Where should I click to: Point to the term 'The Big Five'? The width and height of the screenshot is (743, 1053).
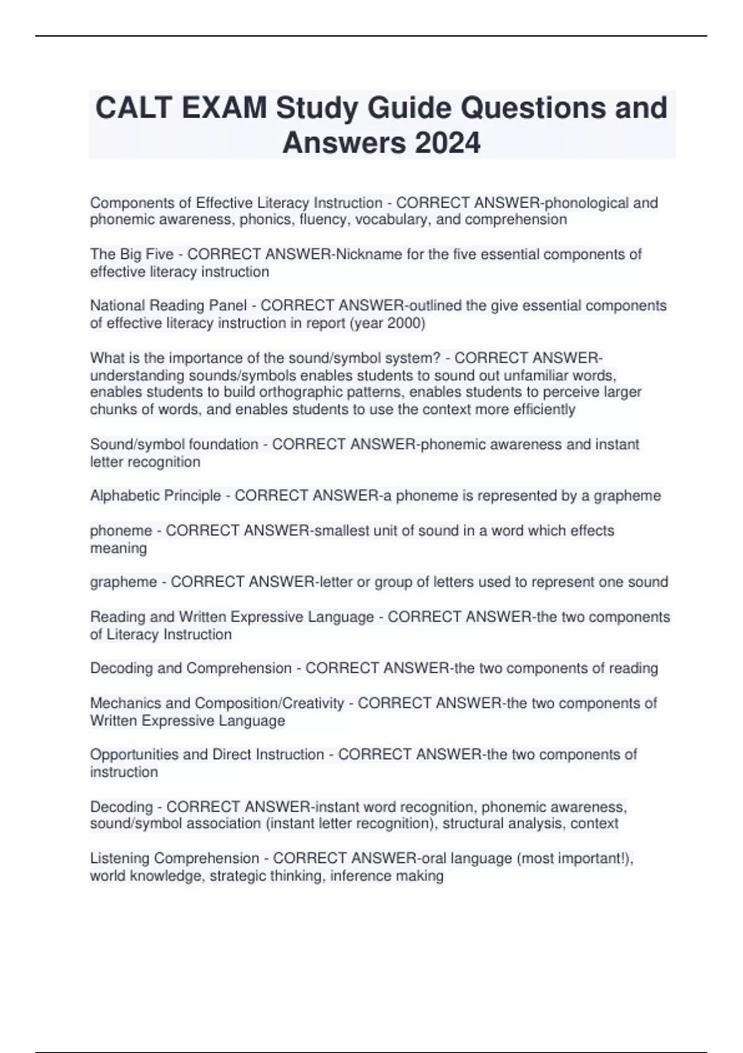(132, 255)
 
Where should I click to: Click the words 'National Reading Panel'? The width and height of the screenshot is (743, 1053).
(168, 306)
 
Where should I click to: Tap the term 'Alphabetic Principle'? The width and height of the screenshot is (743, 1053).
(155, 496)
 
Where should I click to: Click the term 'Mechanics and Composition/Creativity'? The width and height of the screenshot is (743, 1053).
(217, 704)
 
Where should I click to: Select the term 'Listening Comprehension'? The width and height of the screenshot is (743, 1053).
(175, 859)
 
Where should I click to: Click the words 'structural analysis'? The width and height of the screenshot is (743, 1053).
(502, 824)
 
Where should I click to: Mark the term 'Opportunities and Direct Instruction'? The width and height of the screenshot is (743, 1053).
(207, 755)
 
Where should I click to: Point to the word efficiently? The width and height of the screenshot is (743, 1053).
(545, 409)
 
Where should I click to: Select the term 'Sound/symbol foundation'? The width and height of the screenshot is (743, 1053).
(174, 445)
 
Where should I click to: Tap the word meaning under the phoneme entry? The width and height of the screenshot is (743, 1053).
(118, 548)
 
